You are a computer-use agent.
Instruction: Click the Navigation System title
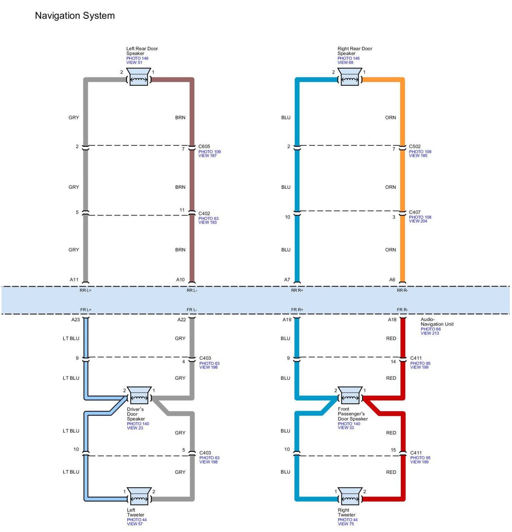click(x=75, y=16)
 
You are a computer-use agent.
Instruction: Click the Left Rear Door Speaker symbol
click(x=139, y=77)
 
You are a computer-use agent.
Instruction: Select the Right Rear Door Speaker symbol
click(x=350, y=77)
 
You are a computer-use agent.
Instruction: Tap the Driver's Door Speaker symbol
click(x=139, y=396)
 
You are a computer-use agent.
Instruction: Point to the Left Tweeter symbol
click(x=139, y=496)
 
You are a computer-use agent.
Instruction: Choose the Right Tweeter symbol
click(x=350, y=496)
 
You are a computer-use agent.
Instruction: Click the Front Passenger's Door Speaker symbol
click(x=350, y=396)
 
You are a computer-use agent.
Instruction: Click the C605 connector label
click(x=204, y=147)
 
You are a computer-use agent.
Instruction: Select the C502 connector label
click(x=415, y=147)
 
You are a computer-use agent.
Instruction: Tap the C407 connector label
click(x=415, y=212)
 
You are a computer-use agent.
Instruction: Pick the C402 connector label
click(x=204, y=213)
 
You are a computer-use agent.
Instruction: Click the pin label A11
click(x=74, y=279)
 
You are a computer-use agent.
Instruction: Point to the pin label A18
click(x=392, y=320)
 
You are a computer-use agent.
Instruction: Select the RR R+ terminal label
click(x=297, y=290)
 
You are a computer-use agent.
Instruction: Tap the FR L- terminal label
click(x=192, y=310)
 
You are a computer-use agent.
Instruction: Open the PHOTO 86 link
click(x=431, y=329)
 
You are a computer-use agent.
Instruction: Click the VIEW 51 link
click(x=134, y=63)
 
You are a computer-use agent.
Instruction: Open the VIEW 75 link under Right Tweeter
click(x=346, y=524)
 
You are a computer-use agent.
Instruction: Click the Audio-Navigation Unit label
click(x=437, y=322)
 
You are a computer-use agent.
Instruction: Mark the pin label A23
click(x=76, y=320)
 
